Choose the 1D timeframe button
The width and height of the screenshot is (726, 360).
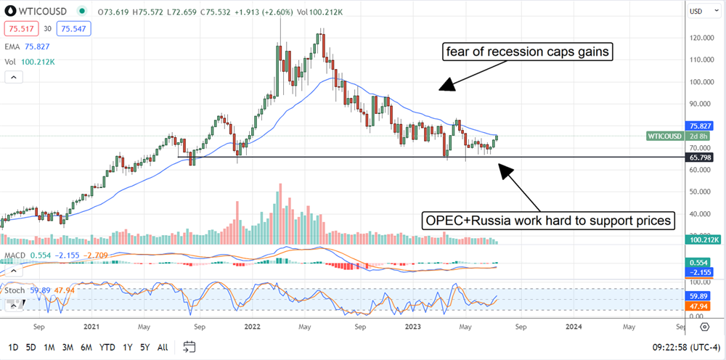tap(13, 346)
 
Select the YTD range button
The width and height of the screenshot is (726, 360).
tap(106, 346)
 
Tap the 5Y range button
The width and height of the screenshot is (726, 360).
tap(145, 346)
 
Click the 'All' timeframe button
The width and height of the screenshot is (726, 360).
tap(163, 346)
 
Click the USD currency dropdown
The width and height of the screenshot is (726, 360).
tap(698, 11)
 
